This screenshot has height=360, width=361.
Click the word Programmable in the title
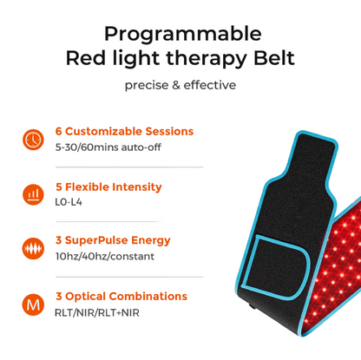pyautogui.click(x=181, y=35)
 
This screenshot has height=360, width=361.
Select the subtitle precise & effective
pyautogui.click(x=180, y=85)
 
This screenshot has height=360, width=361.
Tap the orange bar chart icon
pyautogui.click(x=33, y=193)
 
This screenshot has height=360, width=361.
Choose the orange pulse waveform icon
pyautogui.click(x=33, y=248)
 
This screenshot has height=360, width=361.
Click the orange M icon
pyautogui.click(x=33, y=304)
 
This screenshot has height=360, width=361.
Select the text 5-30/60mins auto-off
pyautogui.click(x=108, y=147)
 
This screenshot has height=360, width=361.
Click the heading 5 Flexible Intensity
pyautogui.click(x=108, y=187)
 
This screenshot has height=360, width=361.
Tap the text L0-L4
pyautogui.click(x=68, y=202)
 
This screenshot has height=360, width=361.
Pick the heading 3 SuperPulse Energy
pyautogui.click(x=112, y=240)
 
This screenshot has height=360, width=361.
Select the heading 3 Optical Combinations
pyautogui.click(x=121, y=297)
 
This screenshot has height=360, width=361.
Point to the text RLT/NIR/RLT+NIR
pyautogui.click(x=97, y=312)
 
